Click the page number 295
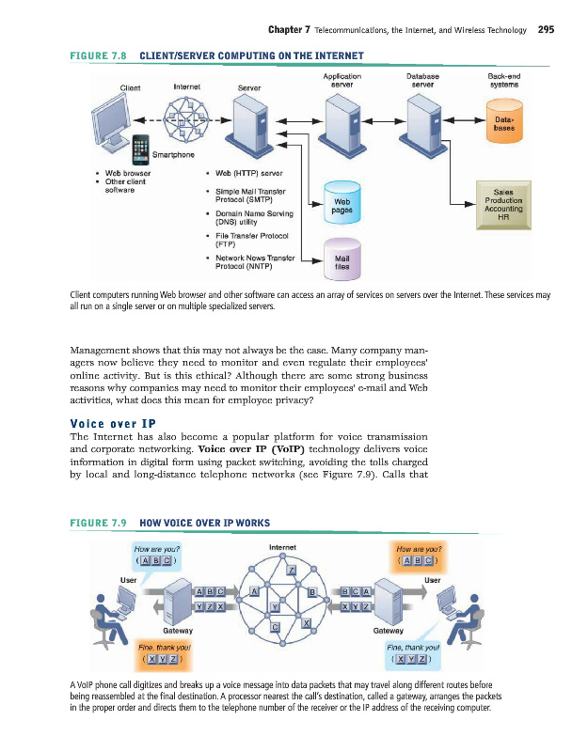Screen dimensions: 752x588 click(546, 30)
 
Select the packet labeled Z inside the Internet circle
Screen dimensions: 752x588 click(292, 572)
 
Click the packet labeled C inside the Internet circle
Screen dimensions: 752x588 click(276, 626)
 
